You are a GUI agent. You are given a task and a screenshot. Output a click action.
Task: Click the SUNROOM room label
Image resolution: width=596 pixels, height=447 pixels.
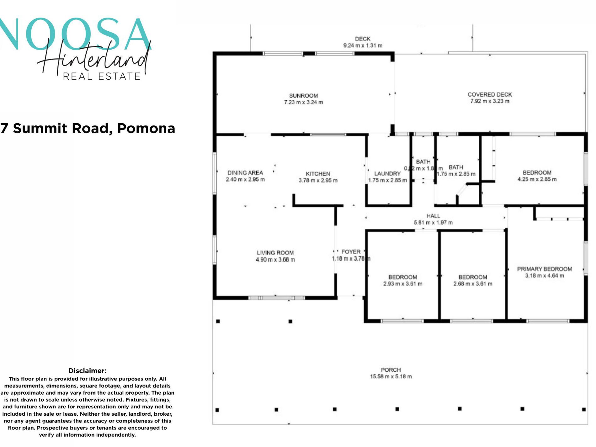(x=303, y=96)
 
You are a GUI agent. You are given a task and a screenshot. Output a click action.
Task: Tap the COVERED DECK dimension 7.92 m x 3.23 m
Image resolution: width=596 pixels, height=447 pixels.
(x=490, y=101)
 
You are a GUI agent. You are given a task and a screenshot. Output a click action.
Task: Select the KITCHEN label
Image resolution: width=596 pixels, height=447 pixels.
(x=318, y=174)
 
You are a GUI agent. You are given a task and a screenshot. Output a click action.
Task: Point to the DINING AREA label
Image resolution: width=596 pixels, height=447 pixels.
(x=245, y=173)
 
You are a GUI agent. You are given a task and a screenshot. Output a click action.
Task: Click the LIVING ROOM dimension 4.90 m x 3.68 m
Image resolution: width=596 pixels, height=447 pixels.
(x=275, y=260)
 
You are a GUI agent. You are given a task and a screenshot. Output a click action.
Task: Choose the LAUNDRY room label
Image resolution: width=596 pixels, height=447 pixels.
(x=387, y=173)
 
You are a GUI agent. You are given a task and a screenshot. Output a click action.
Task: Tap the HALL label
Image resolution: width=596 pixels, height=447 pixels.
(x=433, y=216)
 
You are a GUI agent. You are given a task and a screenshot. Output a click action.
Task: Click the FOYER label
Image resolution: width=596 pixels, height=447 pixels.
(x=351, y=252)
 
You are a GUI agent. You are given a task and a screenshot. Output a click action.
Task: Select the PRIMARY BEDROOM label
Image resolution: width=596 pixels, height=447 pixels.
(x=544, y=269)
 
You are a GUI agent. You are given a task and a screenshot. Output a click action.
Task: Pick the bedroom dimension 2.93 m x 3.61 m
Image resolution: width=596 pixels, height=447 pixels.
(x=402, y=284)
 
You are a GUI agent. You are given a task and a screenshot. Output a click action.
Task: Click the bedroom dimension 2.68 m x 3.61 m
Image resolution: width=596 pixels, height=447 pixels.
(x=472, y=284)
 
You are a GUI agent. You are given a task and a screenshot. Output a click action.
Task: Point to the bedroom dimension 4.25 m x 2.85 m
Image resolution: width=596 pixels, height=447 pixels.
(x=537, y=179)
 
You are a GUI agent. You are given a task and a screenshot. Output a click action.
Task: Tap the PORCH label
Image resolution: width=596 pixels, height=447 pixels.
(x=391, y=370)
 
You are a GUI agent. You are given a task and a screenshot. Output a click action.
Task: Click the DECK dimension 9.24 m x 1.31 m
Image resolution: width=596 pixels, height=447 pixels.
(x=363, y=45)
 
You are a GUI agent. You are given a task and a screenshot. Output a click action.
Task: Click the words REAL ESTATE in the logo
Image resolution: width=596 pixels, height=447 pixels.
(x=101, y=76)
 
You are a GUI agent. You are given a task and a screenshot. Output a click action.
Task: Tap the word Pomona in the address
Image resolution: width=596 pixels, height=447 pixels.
(x=146, y=128)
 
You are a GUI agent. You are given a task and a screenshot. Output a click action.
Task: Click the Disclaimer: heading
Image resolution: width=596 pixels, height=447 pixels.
(x=87, y=371)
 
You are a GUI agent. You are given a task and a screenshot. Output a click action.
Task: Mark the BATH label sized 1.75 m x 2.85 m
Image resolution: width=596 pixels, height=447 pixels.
(x=455, y=167)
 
